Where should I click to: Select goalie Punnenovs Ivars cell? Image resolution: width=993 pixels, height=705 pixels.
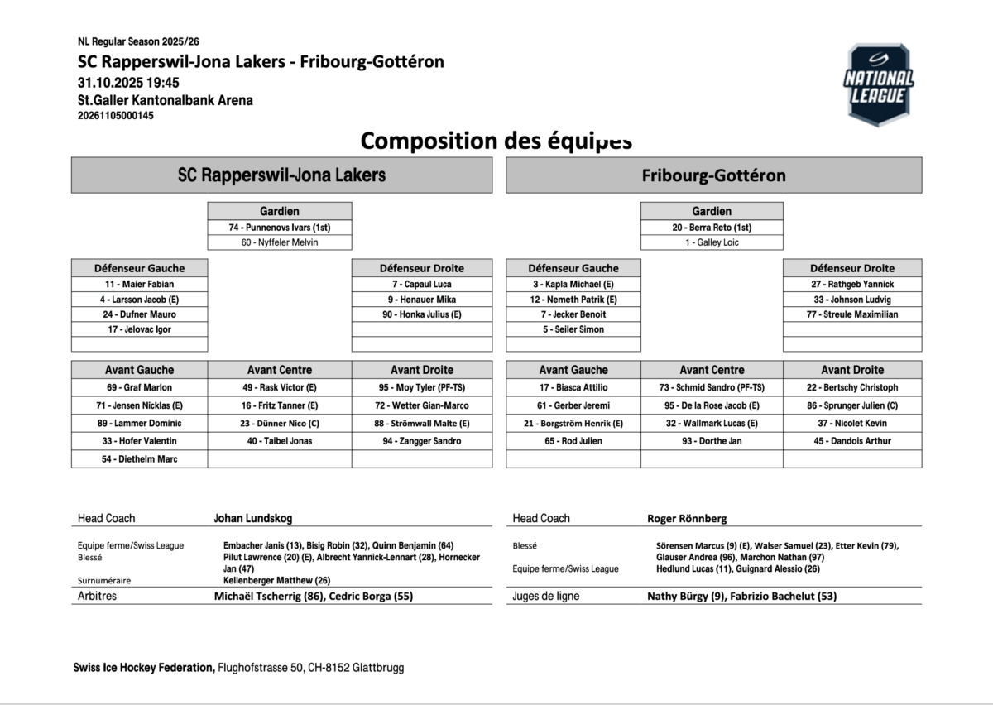click(280, 228)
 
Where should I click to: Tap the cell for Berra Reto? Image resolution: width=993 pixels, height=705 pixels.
click(712, 228)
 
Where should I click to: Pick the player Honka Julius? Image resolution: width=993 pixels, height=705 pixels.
click(422, 314)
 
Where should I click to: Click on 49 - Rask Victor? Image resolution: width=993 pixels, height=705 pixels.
click(280, 387)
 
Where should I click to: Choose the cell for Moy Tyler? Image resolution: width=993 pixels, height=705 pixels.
click(422, 387)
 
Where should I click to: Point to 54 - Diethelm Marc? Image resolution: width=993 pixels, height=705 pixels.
click(140, 459)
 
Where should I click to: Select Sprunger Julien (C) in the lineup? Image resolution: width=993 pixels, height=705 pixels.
click(852, 405)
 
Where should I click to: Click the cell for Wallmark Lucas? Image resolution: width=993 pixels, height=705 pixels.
click(712, 424)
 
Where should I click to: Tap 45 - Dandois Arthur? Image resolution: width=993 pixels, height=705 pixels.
click(852, 441)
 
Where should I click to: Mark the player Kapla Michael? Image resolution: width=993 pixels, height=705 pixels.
click(573, 284)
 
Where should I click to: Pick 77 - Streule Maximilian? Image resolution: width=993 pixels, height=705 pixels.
click(852, 314)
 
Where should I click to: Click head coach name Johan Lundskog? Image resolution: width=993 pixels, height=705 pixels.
click(252, 519)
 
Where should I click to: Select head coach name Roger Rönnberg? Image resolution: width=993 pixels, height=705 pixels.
click(687, 519)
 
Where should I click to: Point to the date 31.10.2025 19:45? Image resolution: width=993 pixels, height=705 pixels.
click(128, 83)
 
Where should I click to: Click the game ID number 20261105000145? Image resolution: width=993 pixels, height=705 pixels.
click(115, 116)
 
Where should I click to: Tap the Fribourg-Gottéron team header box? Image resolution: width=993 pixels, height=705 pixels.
click(713, 175)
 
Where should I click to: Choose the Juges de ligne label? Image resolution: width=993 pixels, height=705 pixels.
click(546, 596)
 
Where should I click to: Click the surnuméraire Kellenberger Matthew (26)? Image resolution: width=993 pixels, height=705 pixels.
click(276, 580)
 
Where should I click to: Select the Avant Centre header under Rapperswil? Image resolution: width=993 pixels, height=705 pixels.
click(280, 370)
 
